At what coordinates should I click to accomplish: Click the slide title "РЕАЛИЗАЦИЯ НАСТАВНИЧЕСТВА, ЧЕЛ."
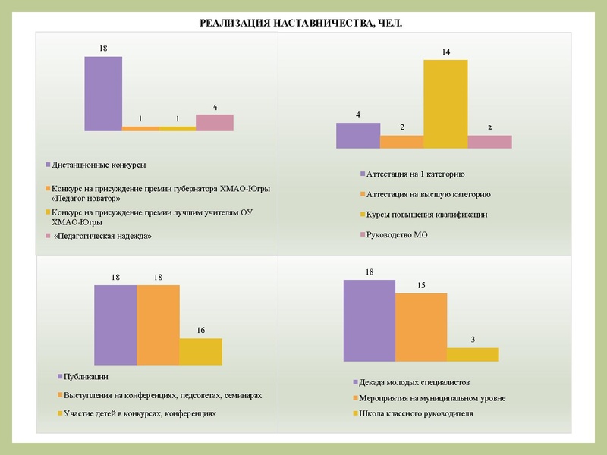pyautogui.click(x=300, y=24)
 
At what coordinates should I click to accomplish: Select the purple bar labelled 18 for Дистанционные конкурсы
pyautogui.click(x=103, y=93)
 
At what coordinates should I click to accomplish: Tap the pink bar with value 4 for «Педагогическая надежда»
pyautogui.click(x=215, y=123)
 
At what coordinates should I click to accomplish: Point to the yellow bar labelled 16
pyautogui.click(x=200, y=353)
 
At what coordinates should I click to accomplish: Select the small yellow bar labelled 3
pyautogui.click(x=473, y=355)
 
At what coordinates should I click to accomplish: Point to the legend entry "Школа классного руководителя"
pyautogui.click(x=417, y=414)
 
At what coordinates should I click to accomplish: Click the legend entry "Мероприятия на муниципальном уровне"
pyautogui.click(x=433, y=398)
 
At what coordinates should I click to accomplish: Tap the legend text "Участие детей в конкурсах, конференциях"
pyautogui.click(x=140, y=414)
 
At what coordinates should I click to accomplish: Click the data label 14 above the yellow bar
pyautogui.click(x=445, y=52)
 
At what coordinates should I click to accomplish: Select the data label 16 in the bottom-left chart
pyautogui.click(x=200, y=331)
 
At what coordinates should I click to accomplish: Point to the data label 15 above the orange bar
pyautogui.click(x=421, y=285)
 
